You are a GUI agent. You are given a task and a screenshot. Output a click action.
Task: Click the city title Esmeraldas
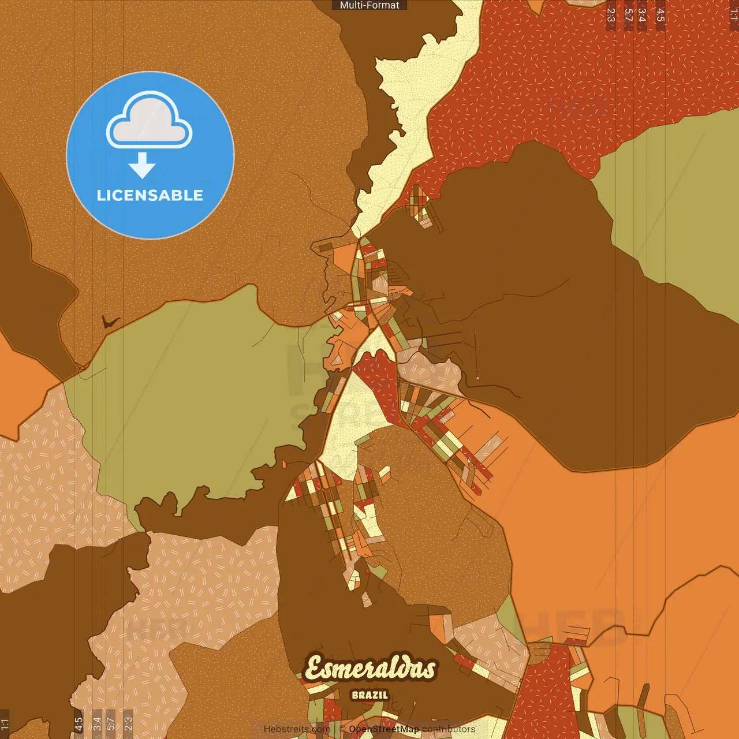point(370,669)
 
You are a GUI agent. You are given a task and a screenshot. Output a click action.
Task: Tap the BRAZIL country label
point(370,695)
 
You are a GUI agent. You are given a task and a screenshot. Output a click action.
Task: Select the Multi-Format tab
point(369,5)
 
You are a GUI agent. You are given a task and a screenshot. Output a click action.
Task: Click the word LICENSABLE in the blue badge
point(150,195)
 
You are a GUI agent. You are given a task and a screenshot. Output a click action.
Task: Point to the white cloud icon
point(150,121)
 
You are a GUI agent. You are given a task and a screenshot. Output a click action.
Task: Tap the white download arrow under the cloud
point(142,165)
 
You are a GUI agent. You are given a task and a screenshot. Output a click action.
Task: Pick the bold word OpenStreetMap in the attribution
point(384,729)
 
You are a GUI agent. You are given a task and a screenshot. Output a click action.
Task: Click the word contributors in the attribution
point(449,729)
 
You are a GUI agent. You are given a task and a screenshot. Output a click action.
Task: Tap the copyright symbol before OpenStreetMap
point(342,729)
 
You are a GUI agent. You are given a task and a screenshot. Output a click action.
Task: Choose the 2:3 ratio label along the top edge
point(611,15)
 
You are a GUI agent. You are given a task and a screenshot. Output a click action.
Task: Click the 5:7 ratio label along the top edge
point(628,15)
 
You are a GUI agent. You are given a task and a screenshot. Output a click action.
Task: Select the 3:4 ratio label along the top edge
point(642,15)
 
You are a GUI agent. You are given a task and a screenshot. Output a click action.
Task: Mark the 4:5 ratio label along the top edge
point(660,15)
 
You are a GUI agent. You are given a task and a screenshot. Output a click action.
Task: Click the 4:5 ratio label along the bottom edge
point(79,724)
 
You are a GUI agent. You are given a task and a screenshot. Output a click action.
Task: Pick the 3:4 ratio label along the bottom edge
point(98,724)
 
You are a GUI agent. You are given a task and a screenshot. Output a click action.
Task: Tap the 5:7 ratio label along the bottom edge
point(111,724)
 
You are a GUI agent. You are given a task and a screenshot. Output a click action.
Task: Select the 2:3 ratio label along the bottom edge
point(128,724)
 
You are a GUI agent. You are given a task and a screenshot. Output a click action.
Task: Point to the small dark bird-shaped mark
point(109,321)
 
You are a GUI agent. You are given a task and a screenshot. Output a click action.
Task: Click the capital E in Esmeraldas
point(315,669)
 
